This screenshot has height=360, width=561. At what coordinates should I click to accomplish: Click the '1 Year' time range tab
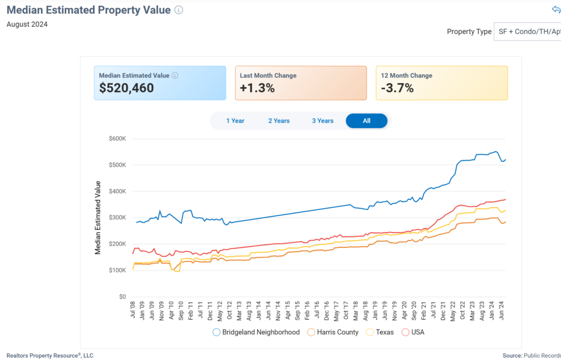coord(235,121)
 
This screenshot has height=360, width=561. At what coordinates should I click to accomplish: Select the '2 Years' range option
coord(279,121)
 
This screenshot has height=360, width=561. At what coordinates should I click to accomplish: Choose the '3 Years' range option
coord(323,121)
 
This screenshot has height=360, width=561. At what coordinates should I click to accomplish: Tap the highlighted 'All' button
coord(367,121)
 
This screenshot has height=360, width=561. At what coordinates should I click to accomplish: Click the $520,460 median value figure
coord(127,88)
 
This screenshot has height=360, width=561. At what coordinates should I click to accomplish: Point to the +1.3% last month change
coord(257,88)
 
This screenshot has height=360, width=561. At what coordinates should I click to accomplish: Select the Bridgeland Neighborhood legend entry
coord(256,332)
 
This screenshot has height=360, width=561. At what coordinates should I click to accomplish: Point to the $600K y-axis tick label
coord(118,139)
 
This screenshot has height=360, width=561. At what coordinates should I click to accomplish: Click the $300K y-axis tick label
coord(118,218)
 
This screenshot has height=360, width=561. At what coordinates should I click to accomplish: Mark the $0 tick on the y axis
coord(122,296)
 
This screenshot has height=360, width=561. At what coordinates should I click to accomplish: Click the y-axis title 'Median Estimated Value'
coord(98,218)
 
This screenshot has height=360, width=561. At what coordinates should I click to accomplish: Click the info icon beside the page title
coord(179,10)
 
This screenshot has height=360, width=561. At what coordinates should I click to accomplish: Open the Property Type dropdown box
coord(527,32)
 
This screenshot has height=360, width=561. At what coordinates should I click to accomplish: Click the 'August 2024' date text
coord(27,24)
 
